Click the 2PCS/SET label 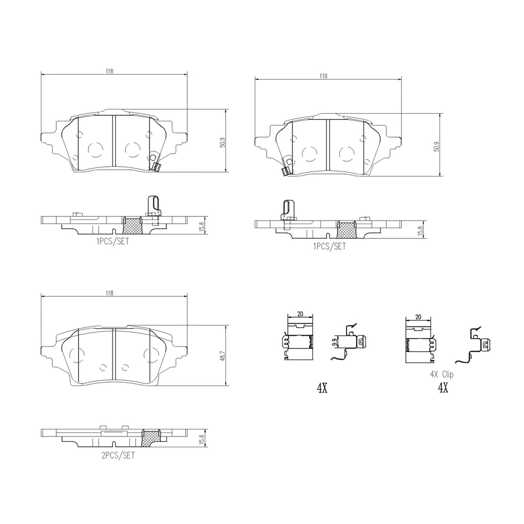click(118, 455)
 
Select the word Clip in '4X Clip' click(447, 375)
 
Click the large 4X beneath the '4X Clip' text click(443, 388)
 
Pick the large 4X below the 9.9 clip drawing click(322, 388)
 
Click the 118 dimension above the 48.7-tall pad click(110, 293)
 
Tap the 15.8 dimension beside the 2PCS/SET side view click(202, 439)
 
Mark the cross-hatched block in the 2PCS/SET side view click(150, 438)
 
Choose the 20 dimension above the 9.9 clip click(300, 314)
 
